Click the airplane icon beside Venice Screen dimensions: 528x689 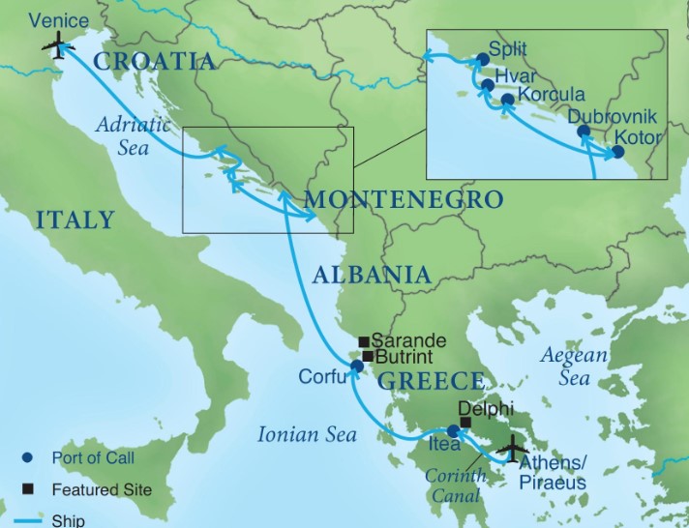(x=58, y=46)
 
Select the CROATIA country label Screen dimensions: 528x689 (x=154, y=62)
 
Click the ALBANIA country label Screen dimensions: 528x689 (x=372, y=275)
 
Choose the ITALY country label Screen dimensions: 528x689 (x=75, y=220)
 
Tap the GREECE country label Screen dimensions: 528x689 (x=430, y=380)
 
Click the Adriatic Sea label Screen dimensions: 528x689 (x=133, y=136)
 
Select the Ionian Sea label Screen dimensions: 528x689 (x=302, y=434)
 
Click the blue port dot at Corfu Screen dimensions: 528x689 (x=357, y=367)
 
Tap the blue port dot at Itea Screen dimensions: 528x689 (x=454, y=431)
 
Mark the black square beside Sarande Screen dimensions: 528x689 (x=364, y=341)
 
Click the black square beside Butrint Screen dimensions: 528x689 (x=367, y=356)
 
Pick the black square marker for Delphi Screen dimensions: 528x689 (x=465, y=423)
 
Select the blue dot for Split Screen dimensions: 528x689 (x=484, y=59)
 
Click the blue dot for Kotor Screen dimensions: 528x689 (x=618, y=151)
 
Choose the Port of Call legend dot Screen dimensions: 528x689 (x=29, y=457)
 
